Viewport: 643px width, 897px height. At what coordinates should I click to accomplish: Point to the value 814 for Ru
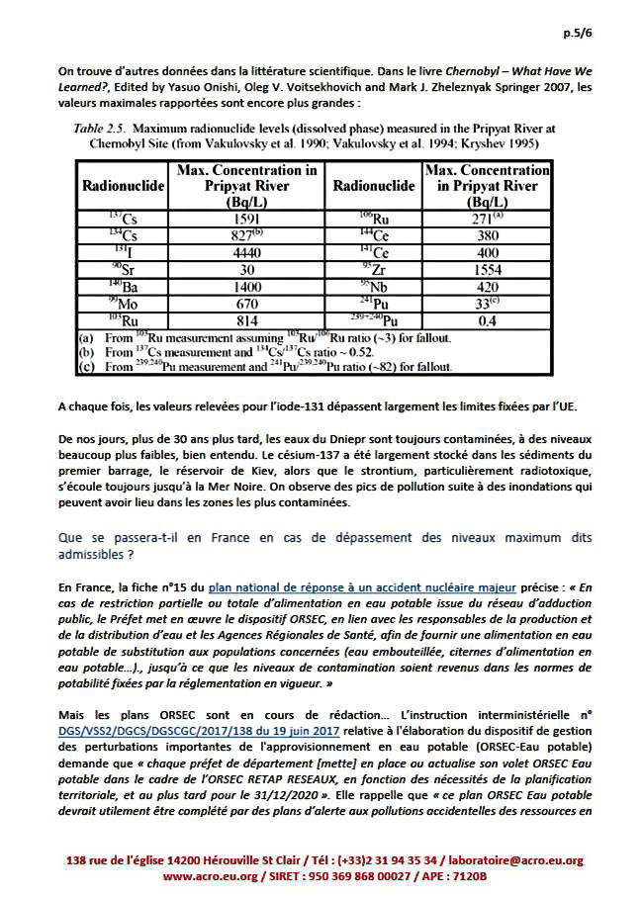pyautogui.click(x=246, y=321)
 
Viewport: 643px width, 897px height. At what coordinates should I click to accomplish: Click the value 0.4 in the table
pyautogui.click(x=485, y=321)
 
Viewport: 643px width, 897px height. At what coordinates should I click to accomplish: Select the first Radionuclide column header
pyautogui.click(x=120, y=185)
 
